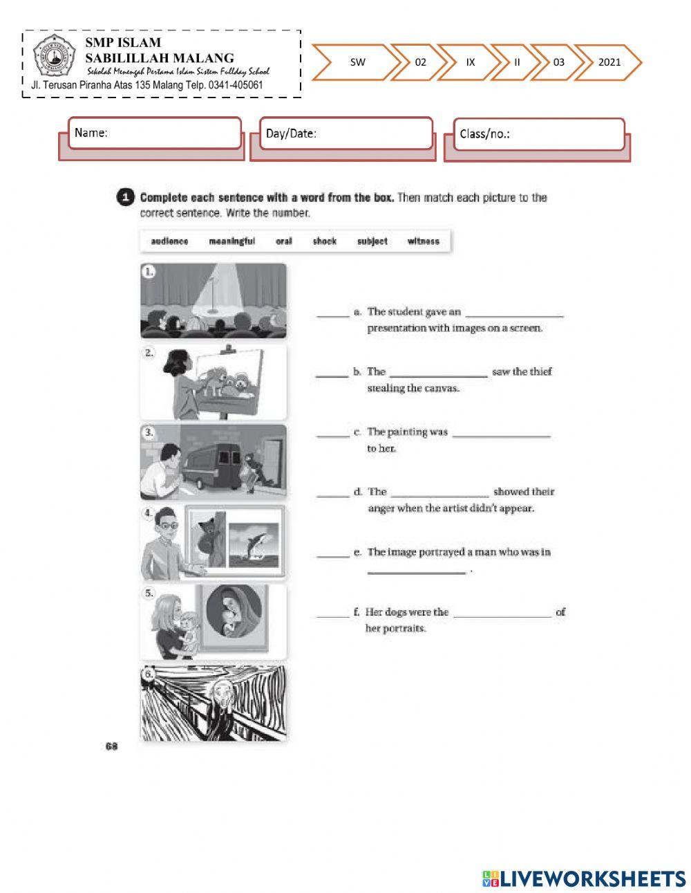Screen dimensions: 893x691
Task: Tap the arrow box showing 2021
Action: click(x=609, y=62)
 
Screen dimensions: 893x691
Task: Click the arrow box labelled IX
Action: click(x=471, y=62)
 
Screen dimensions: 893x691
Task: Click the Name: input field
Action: click(x=155, y=133)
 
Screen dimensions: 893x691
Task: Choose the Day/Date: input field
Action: click(x=345, y=134)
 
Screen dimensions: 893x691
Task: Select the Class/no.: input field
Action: click(x=539, y=134)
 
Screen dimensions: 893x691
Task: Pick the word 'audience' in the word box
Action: click(x=169, y=241)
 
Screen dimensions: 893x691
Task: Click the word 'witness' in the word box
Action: click(x=423, y=241)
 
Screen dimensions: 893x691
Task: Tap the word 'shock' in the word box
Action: click(x=324, y=241)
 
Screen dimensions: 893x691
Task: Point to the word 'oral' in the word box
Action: click(x=283, y=241)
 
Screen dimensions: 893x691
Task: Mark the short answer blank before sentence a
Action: click(x=332, y=316)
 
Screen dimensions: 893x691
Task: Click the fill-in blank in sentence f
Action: click(x=502, y=616)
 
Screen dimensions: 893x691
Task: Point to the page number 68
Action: click(x=111, y=746)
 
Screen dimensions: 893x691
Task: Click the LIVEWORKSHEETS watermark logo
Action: click(x=584, y=878)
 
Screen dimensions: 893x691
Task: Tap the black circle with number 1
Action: click(x=124, y=197)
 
